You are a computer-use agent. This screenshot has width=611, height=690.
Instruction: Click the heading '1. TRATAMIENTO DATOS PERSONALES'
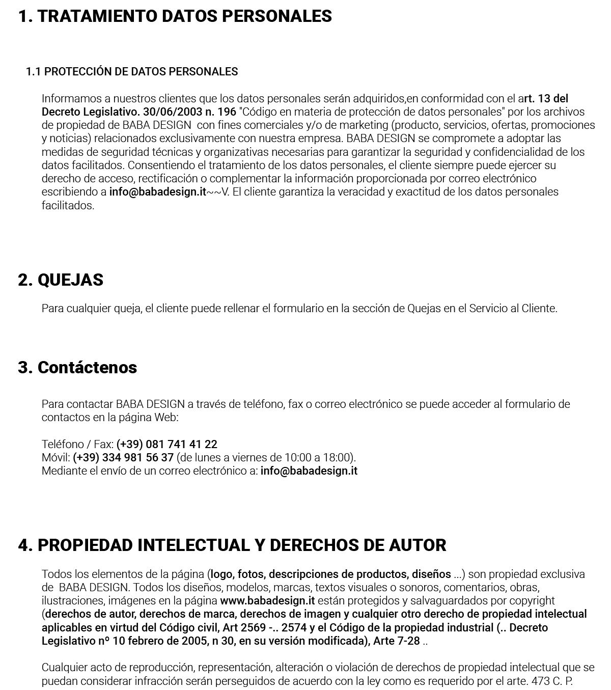175,16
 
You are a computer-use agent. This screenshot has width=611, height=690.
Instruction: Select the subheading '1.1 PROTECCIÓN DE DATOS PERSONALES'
132,72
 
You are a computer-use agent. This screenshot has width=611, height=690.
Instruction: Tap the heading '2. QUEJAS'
61,280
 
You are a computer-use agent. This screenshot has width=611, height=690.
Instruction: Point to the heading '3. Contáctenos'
77,368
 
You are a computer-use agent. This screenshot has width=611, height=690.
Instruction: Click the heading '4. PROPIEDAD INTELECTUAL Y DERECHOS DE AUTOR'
232,545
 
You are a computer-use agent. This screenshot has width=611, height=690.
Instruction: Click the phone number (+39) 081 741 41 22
167,445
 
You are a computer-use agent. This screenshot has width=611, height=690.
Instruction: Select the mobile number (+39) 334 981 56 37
123,458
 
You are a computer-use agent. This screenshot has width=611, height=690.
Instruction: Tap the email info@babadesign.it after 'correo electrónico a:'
309,471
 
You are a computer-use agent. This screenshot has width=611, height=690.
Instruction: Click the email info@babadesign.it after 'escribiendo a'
158,192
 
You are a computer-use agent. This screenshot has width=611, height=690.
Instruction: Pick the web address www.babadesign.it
267,601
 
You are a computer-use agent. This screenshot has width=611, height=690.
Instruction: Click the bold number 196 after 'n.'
227,112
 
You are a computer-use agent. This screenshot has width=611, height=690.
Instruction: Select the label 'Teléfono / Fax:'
77,445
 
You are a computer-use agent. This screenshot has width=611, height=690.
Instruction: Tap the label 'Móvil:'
56,458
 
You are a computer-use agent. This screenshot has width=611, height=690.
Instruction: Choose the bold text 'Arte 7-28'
397,641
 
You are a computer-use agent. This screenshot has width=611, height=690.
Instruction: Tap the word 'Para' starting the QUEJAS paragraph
52,309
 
